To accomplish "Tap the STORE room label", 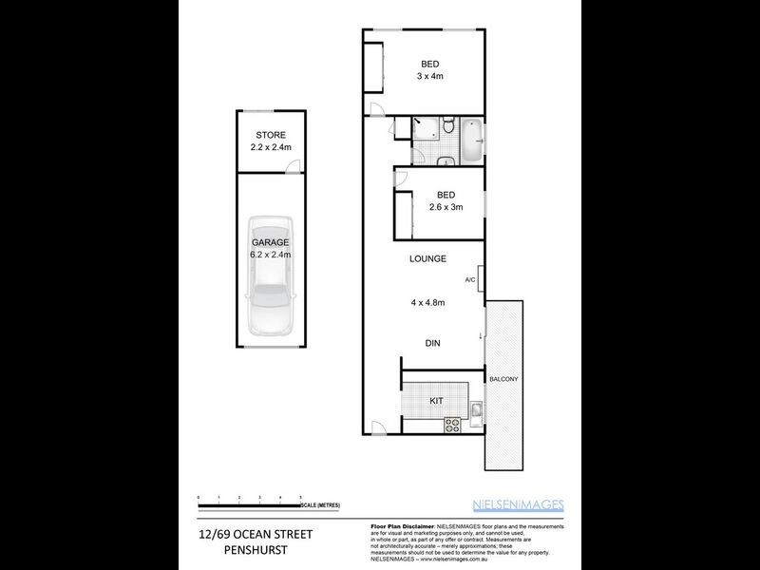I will (269, 135).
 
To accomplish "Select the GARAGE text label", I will (269, 242).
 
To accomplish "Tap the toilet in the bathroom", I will (446, 157).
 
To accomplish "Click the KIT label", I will (438, 401).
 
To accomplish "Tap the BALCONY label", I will (503, 379).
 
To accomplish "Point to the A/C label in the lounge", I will (469, 279).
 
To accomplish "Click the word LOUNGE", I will (427, 258).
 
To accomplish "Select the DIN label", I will (432, 344).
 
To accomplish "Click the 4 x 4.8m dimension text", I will (427, 302).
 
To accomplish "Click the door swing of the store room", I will (295, 169).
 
